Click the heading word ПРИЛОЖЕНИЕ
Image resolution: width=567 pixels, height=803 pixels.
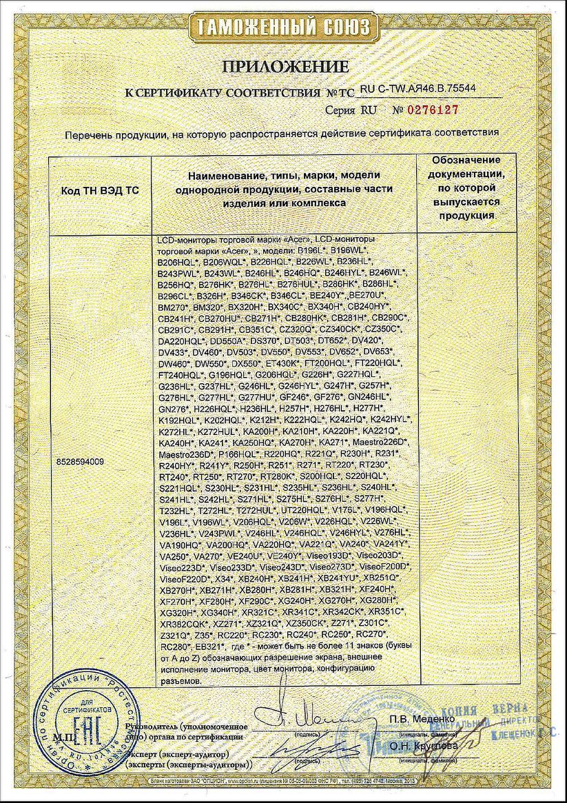pyautogui.click(x=285, y=67)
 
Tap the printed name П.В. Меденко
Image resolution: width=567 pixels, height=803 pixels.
pyautogui.click(x=420, y=720)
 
